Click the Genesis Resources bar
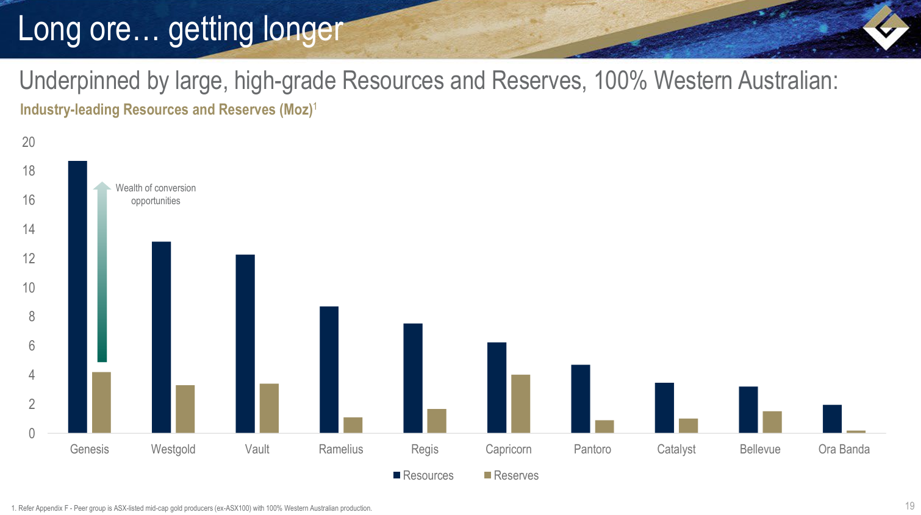[x=77, y=297]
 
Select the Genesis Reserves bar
[x=101, y=402]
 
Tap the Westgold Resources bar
[x=161, y=337]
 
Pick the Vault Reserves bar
[x=269, y=408]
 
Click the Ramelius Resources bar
[x=329, y=369]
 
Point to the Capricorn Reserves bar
[x=520, y=403]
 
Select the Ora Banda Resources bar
[x=832, y=419]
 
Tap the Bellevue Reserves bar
[x=772, y=422]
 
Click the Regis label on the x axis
[x=425, y=449]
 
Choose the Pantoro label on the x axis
[x=592, y=449]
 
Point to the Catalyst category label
[x=676, y=449]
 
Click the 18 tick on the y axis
[x=29, y=171]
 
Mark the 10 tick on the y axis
[x=29, y=288]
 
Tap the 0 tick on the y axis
[x=32, y=433]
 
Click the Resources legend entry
[x=423, y=475]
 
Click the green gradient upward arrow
[x=102, y=271]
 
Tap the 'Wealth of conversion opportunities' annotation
[x=156, y=194]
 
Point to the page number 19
[x=909, y=506]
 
